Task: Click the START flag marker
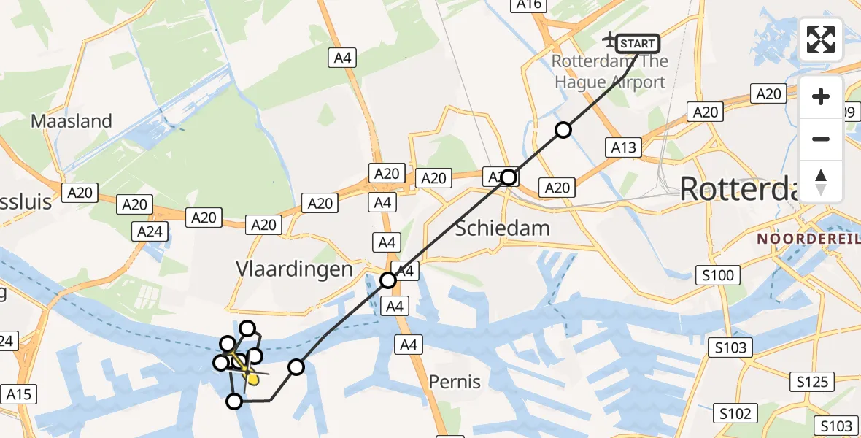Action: [x=638, y=44]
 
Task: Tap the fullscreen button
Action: [x=821, y=39]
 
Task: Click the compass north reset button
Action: [x=821, y=182]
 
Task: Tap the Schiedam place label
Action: [x=502, y=228]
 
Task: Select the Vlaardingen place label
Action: [x=294, y=269]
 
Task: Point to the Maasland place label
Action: [x=72, y=121]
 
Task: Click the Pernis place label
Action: [x=455, y=381]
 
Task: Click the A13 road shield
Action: [x=623, y=147]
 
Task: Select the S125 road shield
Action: [x=812, y=381]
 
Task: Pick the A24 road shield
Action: [x=150, y=232]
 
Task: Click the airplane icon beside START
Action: [x=609, y=38]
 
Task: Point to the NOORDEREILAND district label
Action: [x=808, y=239]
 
